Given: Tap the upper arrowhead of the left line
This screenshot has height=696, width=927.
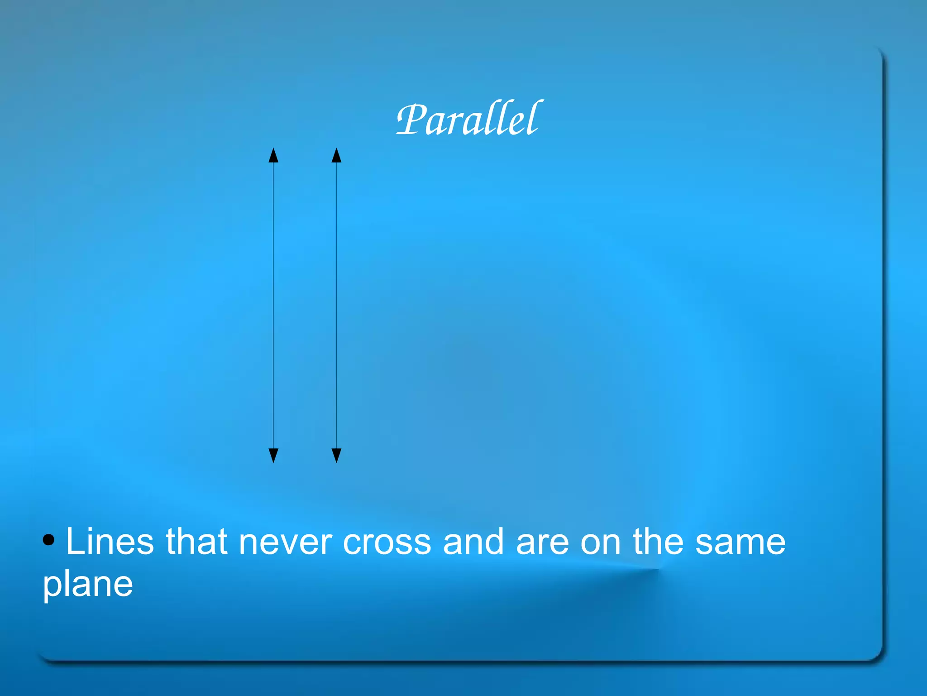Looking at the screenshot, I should tap(273, 155).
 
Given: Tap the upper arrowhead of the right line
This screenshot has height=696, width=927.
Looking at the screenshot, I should tap(336, 155).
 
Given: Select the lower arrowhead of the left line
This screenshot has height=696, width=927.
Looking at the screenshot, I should tap(273, 455).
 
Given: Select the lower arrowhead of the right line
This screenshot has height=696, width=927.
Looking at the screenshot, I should tap(336, 455).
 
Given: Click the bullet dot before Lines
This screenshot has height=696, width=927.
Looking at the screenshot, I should tap(49, 540).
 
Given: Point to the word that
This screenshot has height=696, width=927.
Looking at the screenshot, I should tap(196, 542).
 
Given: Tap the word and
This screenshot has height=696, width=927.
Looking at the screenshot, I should tap(473, 542).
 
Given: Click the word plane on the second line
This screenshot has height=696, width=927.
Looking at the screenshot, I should tap(88, 585).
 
